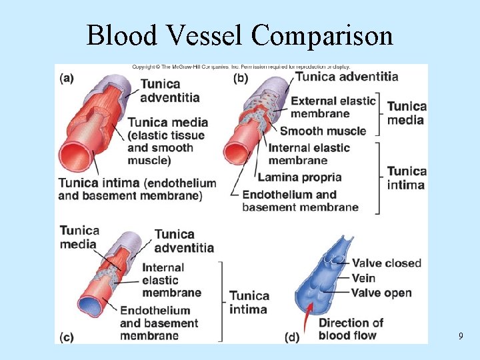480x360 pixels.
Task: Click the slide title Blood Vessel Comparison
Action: (239, 35)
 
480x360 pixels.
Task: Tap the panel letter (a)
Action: (67, 77)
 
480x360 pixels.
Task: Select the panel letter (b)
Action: (241, 77)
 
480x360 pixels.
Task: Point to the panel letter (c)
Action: (66, 337)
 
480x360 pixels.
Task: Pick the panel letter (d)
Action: (292, 337)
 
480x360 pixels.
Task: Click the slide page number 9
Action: (460, 337)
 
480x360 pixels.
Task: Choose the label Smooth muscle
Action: (323, 131)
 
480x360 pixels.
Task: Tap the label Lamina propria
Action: (299, 177)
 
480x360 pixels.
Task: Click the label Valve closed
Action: (387, 263)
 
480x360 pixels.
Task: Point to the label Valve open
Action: (381, 293)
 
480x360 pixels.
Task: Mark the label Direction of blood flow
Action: (351, 329)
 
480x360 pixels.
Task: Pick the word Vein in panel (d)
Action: (363, 278)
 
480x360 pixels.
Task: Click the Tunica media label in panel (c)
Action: (79, 237)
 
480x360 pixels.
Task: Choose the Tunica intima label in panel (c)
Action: (249, 302)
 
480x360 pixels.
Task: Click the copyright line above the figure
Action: (240, 67)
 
